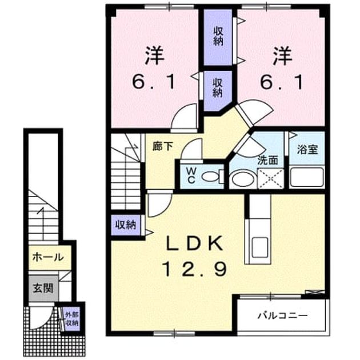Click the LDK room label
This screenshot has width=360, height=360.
tap(195, 243)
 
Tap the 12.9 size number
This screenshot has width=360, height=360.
tap(195, 269)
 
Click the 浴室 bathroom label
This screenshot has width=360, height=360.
tap(307, 149)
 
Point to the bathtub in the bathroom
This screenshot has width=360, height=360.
tap(307, 177)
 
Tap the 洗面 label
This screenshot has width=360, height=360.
tap(268, 160)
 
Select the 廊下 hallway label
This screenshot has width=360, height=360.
tap(163, 146)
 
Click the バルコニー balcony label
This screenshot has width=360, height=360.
tap(283, 315)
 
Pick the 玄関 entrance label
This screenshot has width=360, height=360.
tap(43, 288)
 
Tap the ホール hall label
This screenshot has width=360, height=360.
tap(48, 257)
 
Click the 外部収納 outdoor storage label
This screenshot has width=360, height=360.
tap(71, 319)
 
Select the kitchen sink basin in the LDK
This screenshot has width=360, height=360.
tap(259, 247)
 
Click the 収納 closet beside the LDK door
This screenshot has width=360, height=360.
tap(125, 225)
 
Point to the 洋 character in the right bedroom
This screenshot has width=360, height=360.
tap(282, 55)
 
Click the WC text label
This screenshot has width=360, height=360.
tap(191, 175)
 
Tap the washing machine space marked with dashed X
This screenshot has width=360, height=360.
tap(270, 179)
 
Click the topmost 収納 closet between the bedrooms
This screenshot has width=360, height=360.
tap(218, 37)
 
